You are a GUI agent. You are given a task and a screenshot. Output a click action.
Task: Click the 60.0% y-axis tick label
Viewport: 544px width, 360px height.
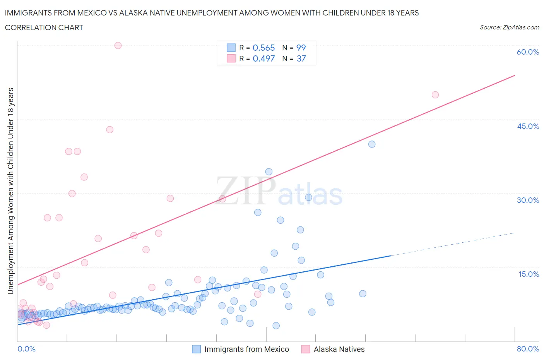click(528, 52)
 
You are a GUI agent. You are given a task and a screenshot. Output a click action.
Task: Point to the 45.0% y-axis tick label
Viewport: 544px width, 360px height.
click(528, 126)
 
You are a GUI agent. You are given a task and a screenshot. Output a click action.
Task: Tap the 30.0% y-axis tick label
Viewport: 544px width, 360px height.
click(528, 200)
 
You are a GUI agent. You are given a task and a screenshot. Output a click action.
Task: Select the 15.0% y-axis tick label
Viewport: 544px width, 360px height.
click(529, 274)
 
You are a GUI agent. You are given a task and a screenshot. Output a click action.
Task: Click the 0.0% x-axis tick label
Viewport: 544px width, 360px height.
click(26, 349)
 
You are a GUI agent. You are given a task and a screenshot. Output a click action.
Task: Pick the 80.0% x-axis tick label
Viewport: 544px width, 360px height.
click(528, 349)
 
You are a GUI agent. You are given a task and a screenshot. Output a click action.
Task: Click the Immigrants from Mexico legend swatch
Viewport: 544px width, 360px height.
click(197, 349)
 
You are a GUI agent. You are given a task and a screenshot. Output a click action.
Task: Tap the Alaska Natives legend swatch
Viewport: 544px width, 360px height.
click(306, 349)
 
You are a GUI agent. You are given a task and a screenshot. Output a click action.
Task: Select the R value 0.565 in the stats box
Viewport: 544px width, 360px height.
click(263, 48)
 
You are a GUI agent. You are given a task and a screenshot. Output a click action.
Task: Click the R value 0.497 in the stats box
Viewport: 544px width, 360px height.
click(263, 58)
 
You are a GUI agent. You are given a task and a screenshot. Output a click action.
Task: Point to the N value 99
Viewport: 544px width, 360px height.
click(301, 48)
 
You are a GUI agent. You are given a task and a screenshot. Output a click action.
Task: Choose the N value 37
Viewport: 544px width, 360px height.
click(301, 58)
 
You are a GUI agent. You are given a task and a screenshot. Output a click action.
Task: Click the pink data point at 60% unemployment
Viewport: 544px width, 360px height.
click(118, 45)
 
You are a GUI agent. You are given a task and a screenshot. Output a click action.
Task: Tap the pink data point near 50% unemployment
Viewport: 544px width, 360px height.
click(435, 95)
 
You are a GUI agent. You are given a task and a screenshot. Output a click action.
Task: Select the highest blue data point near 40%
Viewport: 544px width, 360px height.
click(372, 144)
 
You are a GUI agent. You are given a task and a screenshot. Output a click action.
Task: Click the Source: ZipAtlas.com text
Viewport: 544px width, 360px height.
click(509, 27)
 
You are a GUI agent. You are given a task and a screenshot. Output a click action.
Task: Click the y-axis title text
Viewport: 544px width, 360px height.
click(11, 191)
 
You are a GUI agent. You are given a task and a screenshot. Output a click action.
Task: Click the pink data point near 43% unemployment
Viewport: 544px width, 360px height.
click(110, 130)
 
